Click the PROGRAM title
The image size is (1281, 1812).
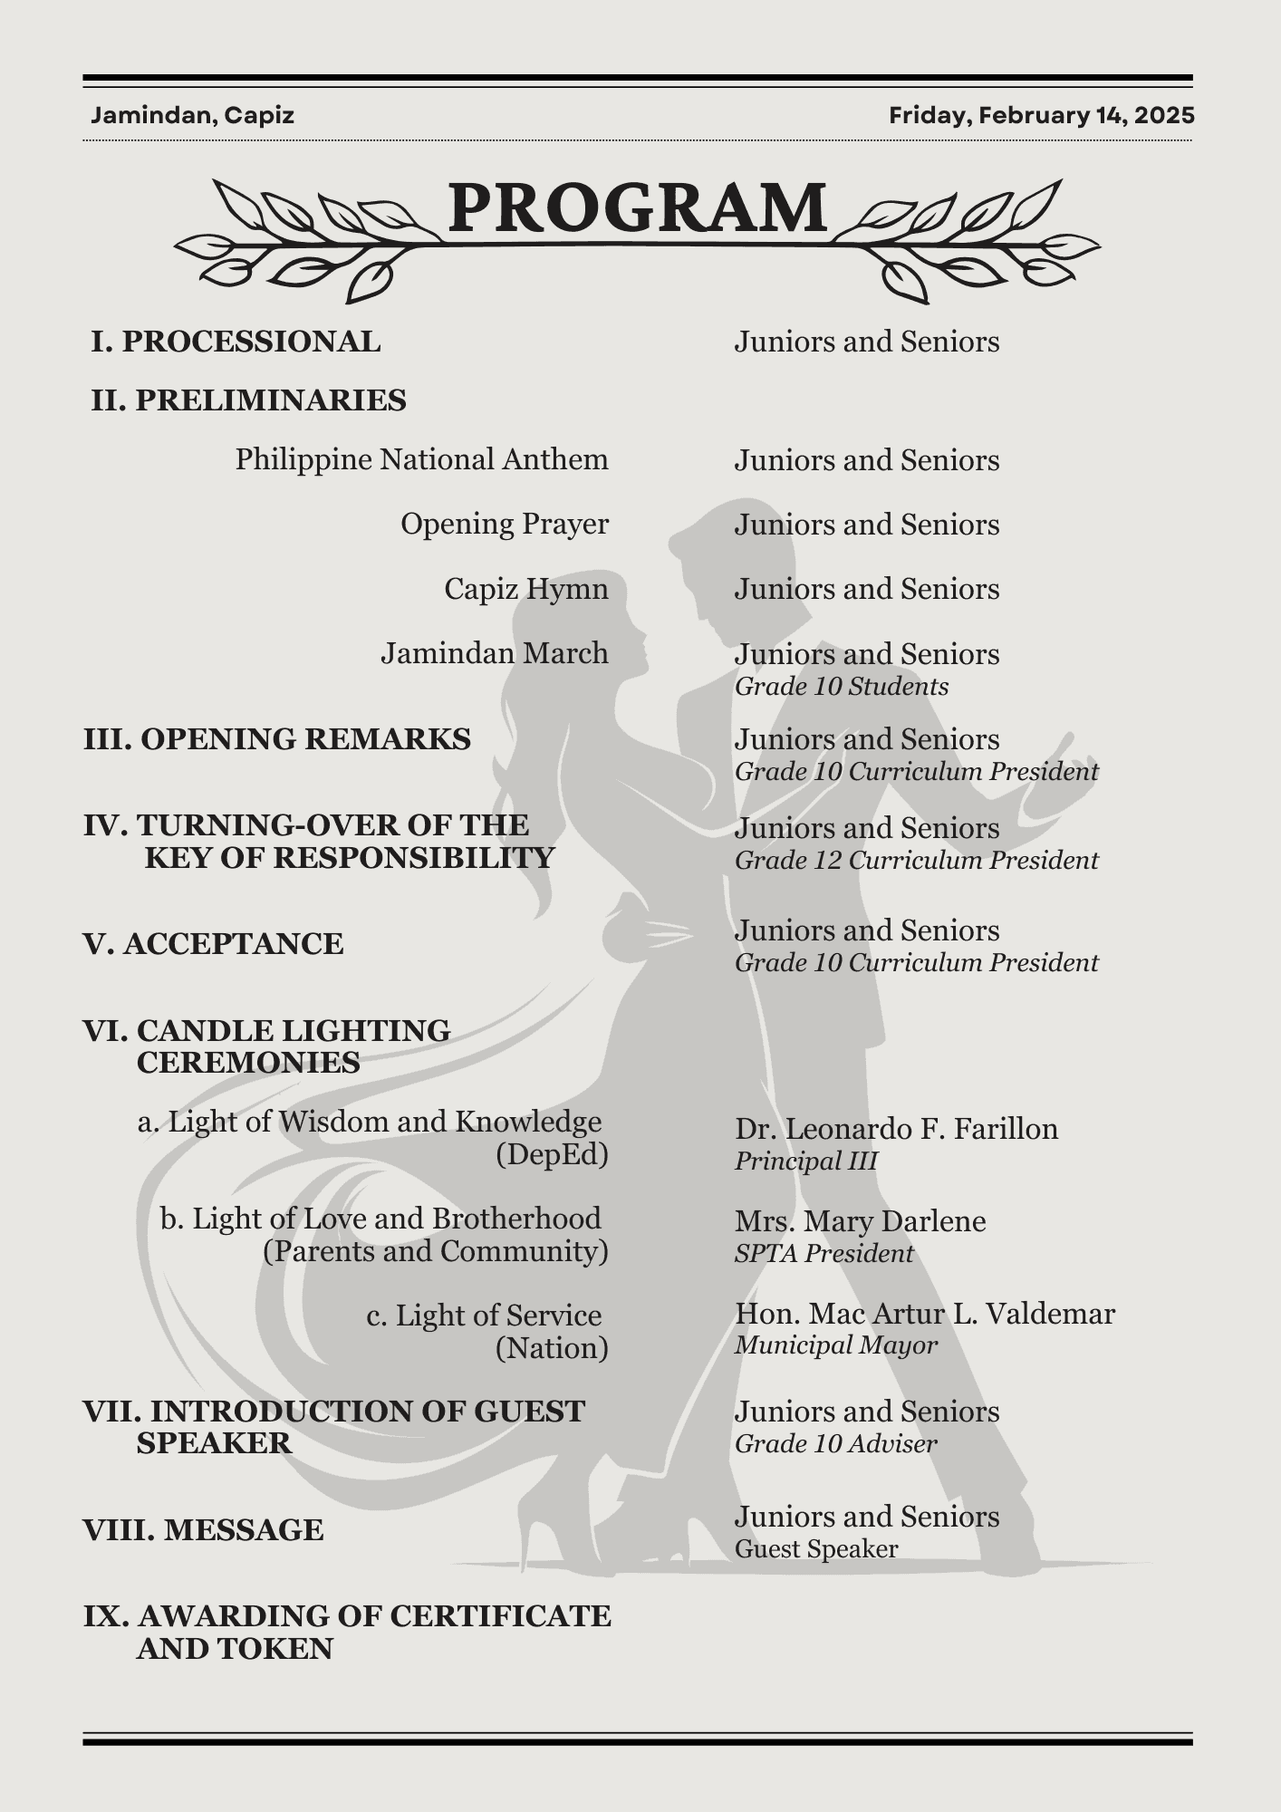[x=637, y=207]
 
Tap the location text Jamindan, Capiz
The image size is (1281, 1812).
[x=192, y=116]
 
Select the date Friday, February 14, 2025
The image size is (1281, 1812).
[x=1041, y=116]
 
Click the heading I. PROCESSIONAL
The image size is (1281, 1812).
[x=236, y=342]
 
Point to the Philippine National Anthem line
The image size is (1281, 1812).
[x=421, y=459]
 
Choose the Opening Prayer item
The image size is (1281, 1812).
[x=504, y=524]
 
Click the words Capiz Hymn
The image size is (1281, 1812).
[x=525, y=589]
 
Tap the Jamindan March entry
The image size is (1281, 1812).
[x=494, y=653]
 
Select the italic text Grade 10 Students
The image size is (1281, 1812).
[x=841, y=687]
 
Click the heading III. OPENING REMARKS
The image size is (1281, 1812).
[x=277, y=739]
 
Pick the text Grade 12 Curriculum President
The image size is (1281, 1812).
[x=916, y=861]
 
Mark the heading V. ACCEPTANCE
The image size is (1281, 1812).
[x=214, y=944]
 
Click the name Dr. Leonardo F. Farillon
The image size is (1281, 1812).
[x=896, y=1129]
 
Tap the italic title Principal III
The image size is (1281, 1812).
[x=805, y=1161]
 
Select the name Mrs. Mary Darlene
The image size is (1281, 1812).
[x=860, y=1221]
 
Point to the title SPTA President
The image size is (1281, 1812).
[x=823, y=1254]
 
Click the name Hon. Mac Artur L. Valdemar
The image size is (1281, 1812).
[x=924, y=1314]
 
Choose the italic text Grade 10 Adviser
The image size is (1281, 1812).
[x=835, y=1444]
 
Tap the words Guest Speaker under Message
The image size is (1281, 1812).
[x=815, y=1549]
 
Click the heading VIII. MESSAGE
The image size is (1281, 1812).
[x=204, y=1530]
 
